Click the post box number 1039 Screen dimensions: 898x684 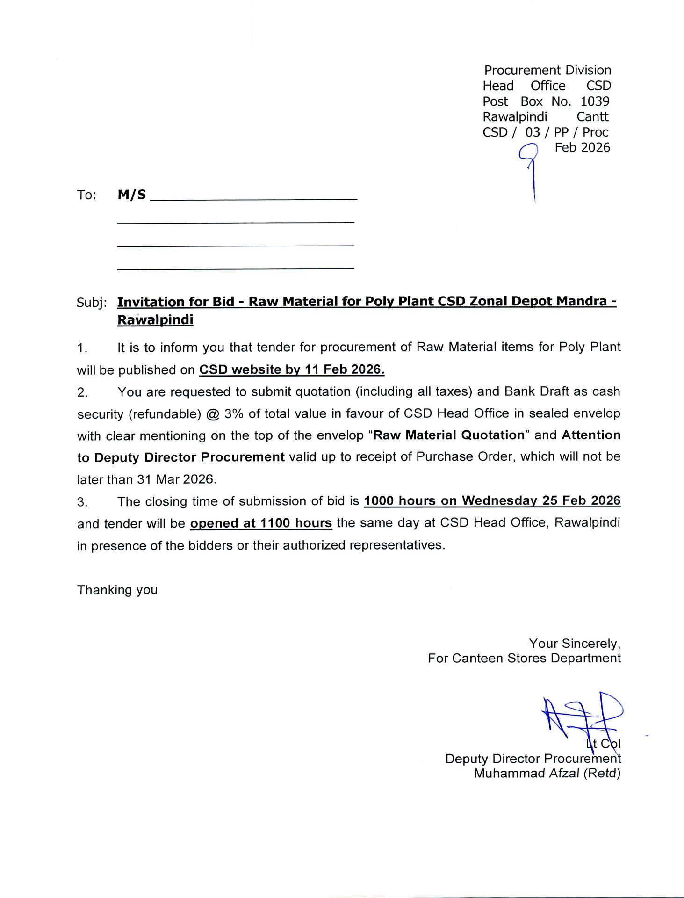[x=595, y=101]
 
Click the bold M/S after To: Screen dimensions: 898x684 [x=132, y=195]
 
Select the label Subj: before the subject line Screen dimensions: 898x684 [x=92, y=303]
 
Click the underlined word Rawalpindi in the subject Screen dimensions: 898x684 [x=155, y=320]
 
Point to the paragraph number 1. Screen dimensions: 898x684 [x=82, y=348]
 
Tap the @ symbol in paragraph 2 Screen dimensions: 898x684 [x=213, y=414]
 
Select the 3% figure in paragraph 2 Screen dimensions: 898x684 [x=234, y=414]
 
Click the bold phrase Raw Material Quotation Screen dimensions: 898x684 [x=449, y=435]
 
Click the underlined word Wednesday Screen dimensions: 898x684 [x=499, y=501]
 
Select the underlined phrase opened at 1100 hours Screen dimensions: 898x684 [x=261, y=523]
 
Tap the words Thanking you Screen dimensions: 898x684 [x=117, y=590]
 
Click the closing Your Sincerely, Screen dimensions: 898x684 [x=575, y=644]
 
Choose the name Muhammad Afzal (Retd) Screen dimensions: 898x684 [x=547, y=773]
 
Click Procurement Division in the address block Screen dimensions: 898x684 [x=547, y=70]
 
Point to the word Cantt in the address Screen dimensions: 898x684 [x=592, y=117]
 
